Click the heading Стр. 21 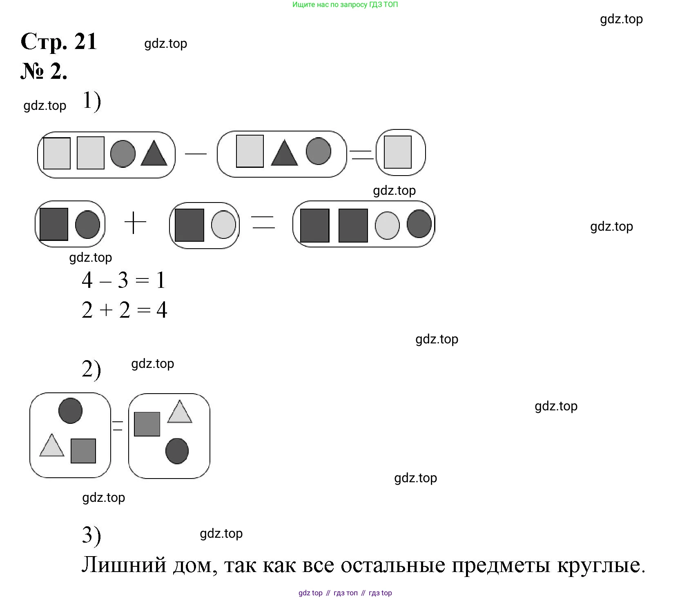pos(59,42)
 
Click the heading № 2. pos(44,71)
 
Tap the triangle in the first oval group pos(154,154)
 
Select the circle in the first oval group pos(123,154)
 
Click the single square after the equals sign pos(398,152)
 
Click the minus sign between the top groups pos(196,154)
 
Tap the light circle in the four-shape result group pos(387,225)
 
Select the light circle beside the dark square pos(223,225)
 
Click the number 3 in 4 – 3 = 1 pos(123,281)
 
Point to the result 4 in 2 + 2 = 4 pos(162,310)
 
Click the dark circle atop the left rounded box pos(70,411)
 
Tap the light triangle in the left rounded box pos(52,445)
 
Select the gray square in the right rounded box pos(147,424)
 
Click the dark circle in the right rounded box pos(177,451)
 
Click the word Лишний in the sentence pos(124,566)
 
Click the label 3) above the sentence pos(91,536)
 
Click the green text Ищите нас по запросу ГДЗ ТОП pos(345,4)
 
